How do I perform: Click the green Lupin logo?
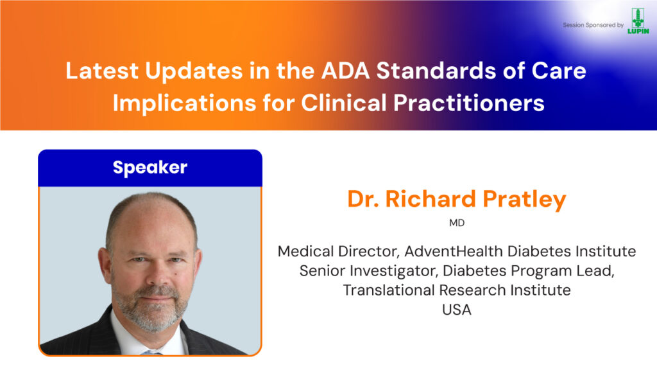coord(638,21)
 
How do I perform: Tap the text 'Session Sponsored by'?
coord(593,25)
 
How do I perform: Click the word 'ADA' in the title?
coord(346,71)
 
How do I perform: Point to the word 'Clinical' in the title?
coord(344,103)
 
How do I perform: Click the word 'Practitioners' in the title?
coord(469,103)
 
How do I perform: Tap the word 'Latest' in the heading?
coord(102,71)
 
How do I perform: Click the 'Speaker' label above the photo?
coord(150,168)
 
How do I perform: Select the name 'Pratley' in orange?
coord(525,200)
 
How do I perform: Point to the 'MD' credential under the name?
coord(457,223)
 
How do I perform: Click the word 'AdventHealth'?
coord(454,251)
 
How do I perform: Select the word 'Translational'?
coord(388,290)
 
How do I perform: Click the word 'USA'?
coord(457,310)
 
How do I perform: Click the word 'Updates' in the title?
coord(194,71)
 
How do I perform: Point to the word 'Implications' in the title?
coord(184,103)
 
